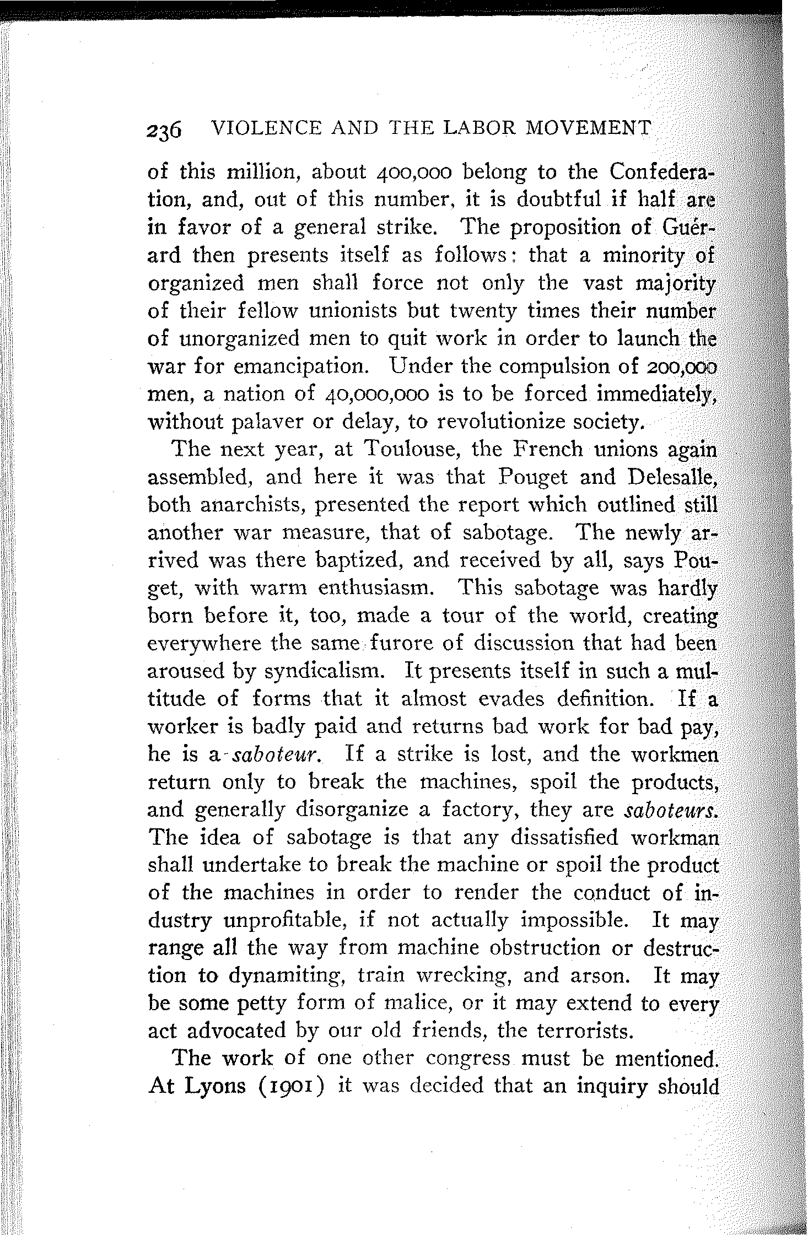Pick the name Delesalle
(670, 477)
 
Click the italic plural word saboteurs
(672, 810)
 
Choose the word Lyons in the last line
(211, 1086)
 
